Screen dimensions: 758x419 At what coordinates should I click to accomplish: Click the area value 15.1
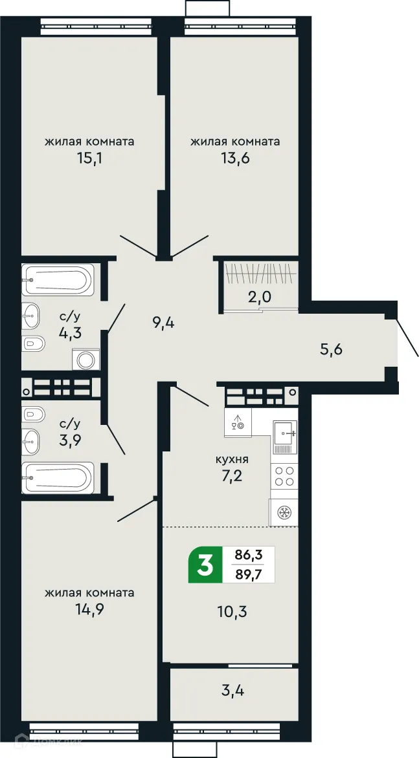(89, 158)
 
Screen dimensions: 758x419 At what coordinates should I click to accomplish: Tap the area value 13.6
(235, 158)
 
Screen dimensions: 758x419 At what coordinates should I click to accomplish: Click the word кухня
(232, 460)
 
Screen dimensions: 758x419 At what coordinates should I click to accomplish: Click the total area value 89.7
(249, 574)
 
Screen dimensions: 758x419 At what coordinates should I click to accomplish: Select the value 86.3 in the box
(249, 556)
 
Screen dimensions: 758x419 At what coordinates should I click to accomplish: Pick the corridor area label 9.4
(164, 323)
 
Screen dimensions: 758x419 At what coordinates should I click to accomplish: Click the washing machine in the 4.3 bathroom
(85, 359)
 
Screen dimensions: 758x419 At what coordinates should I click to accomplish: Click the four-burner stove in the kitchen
(284, 478)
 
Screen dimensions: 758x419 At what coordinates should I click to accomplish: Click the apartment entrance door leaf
(407, 337)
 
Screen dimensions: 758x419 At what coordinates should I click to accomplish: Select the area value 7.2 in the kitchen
(232, 479)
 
